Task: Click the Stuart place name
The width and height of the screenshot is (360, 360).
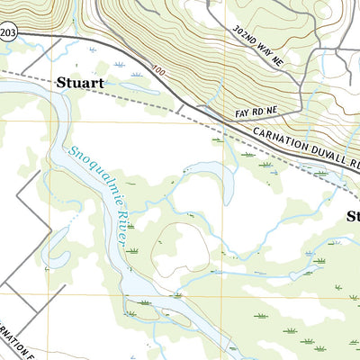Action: (x=80, y=83)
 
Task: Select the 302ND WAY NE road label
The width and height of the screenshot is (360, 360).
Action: (x=259, y=42)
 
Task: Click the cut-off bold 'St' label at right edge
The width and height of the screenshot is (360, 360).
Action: (x=353, y=216)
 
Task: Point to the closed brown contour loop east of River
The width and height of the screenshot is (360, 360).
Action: (x=175, y=247)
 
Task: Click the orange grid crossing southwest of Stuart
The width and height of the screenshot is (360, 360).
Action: (x=51, y=121)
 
